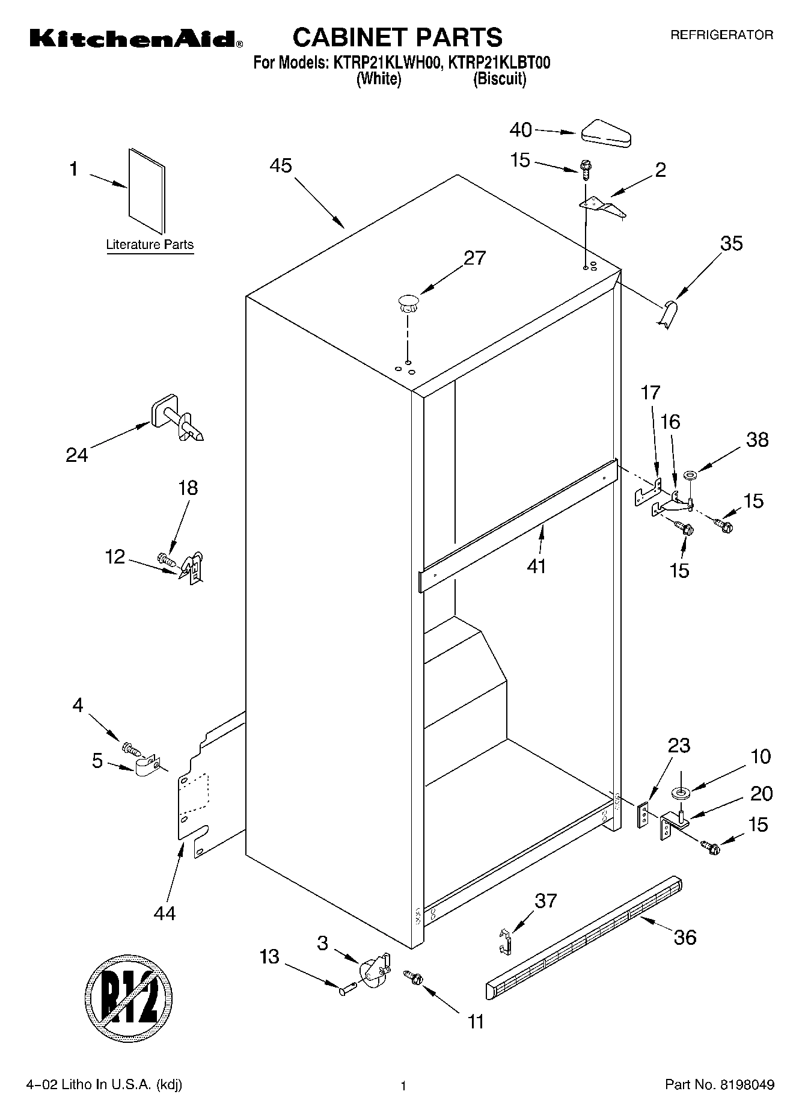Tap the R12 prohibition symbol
(x=129, y=999)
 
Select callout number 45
(x=281, y=165)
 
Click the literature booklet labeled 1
(x=146, y=190)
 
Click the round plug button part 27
(x=408, y=301)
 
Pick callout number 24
(x=77, y=455)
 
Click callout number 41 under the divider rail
(x=536, y=566)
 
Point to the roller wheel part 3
(x=372, y=971)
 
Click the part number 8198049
(x=744, y=1085)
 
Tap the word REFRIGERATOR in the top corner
(x=721, y=35)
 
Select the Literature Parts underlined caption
(x=150, y=245)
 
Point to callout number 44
(x=165, y=914)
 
